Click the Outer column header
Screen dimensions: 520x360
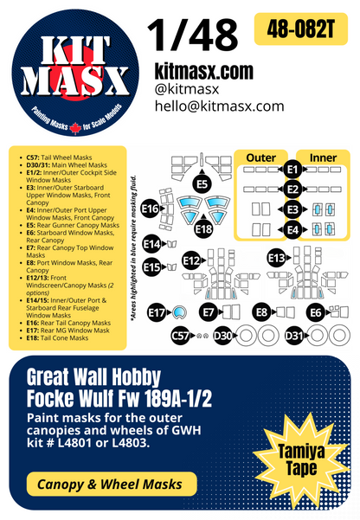260,157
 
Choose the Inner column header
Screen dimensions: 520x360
323,157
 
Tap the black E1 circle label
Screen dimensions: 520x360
292,168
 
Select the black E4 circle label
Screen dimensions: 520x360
292,229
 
